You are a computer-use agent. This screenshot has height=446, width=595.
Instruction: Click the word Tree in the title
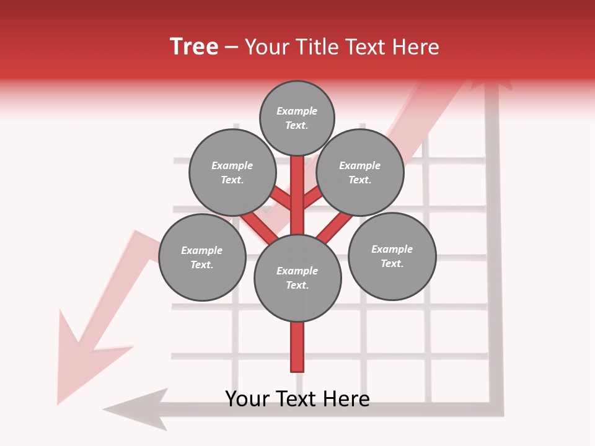(x=194, y=47)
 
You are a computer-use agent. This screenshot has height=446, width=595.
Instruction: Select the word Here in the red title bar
(x=416, y=47)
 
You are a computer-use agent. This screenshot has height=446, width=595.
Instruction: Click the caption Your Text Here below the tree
(x=297, y=398)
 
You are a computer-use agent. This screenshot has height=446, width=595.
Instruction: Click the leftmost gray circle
(x=202, y=258)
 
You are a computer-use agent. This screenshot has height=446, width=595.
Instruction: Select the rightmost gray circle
(x=392, y=256)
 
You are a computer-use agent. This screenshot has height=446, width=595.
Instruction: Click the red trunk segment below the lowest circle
(x=297, y=347)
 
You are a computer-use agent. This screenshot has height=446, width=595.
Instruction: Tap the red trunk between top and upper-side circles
(x=297, y=186)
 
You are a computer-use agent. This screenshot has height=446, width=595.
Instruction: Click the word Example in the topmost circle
(x=297, y=111)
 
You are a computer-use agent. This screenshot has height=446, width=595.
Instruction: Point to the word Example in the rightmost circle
(x=392, y=249)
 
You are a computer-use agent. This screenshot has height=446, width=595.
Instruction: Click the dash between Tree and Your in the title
(x=231, y=47)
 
